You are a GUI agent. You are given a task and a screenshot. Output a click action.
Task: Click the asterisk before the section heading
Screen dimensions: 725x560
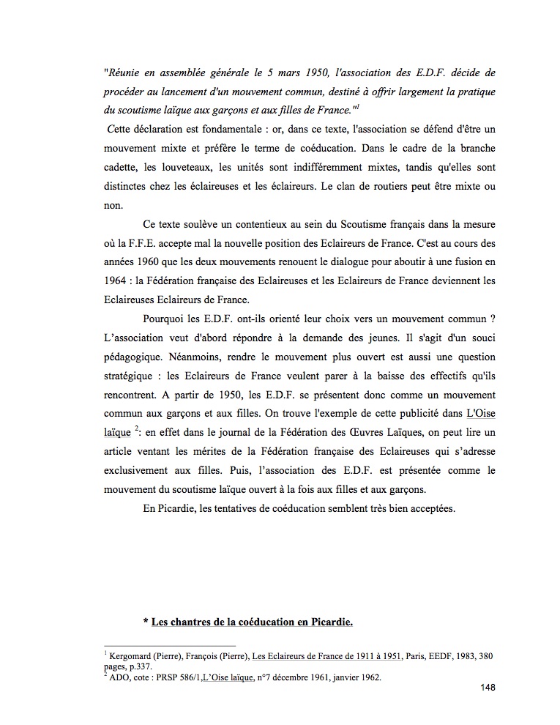[x=146, y=622]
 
